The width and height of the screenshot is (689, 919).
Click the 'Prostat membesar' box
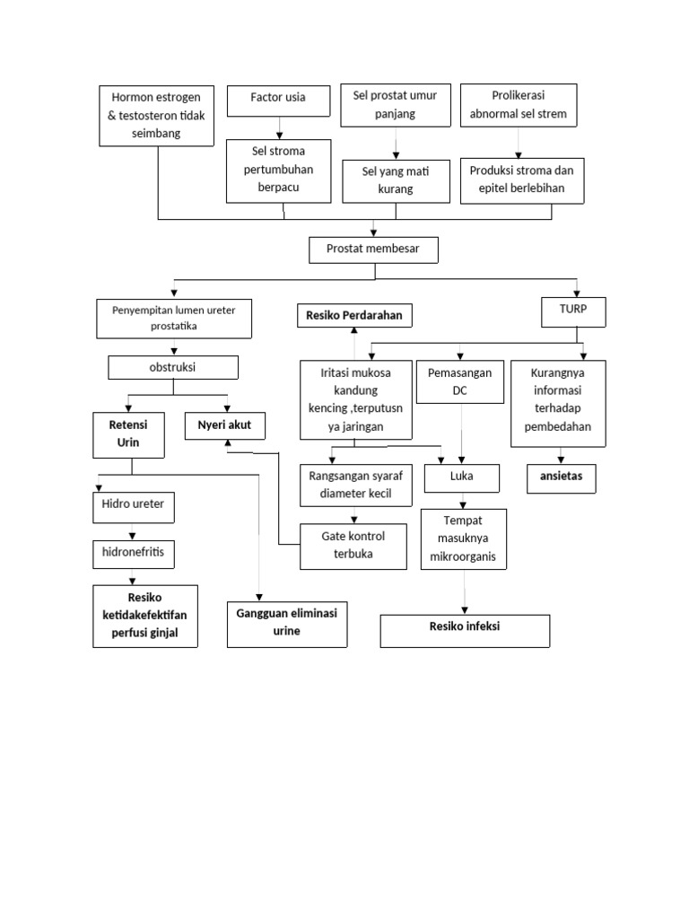[373, 250]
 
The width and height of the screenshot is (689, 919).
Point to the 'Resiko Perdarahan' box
[354, 315]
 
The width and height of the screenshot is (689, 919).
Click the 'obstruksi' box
[173, 368]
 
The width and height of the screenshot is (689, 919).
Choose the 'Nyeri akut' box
[224, 425]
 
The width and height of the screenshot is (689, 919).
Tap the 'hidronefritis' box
[133, 555]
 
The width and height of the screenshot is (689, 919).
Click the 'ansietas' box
[562, 477]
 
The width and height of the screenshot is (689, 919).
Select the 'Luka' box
[461, 477]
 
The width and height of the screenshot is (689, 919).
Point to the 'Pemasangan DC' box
[460, 381]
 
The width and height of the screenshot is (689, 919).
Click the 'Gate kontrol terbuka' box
[353, 545]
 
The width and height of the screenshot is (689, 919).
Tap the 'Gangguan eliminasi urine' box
[286, 624]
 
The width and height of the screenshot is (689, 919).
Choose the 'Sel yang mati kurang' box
[396, 180]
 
